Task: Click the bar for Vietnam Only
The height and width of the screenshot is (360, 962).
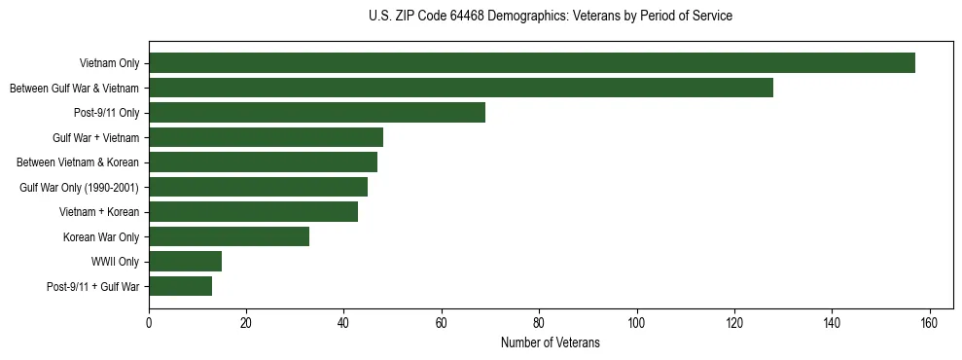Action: (531, 63)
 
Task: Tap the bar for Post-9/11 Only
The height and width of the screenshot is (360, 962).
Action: (317, 113)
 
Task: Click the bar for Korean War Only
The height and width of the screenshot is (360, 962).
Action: (229, 236)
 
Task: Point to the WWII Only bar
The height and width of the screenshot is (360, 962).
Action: (185, 261)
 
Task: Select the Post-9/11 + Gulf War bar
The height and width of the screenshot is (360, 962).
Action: (180, 286)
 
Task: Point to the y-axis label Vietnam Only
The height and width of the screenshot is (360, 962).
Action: (109, 63)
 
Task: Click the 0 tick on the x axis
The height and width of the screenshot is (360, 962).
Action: (149, 323)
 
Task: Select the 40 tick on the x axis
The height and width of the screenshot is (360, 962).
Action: (343, 323)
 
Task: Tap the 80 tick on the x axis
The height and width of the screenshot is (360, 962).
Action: (539, 323)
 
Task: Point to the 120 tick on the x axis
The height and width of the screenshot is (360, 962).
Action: (734, 323)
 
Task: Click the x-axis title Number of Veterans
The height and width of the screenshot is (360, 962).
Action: (550, 342)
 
